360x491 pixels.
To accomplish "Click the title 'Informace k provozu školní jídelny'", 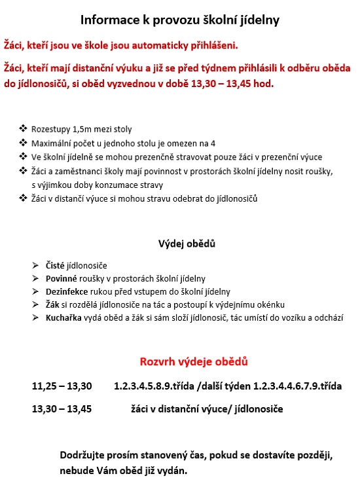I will click(x=180, y=21).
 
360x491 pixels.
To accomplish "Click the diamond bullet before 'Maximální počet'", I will click(x=24, y=143).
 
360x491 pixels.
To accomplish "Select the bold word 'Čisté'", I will click(x=56, y=265).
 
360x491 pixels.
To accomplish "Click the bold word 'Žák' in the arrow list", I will click(x=52, y=304).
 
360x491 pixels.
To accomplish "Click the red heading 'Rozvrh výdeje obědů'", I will click(x=194, y=361).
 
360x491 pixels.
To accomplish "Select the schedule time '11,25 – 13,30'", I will click(x=62, y=386).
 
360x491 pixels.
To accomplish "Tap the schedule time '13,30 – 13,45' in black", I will click(x=62, y=409).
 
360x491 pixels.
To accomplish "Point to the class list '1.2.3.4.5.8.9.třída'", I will click(x=154, y=386).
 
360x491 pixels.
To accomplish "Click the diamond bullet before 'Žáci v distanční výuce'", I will click(x=24, y=198).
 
